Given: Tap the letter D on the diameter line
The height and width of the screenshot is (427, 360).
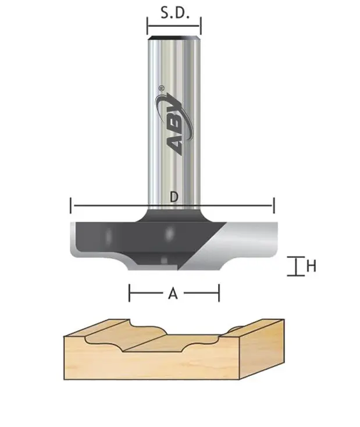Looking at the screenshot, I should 173,197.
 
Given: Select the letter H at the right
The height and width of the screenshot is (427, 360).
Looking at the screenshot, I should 311,266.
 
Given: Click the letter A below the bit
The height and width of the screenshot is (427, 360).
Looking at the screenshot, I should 173,294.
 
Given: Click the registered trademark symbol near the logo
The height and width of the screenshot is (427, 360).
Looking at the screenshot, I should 161,89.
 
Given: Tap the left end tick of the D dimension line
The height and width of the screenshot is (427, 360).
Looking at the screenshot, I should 71,205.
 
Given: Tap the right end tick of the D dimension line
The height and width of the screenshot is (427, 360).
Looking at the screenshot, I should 273,205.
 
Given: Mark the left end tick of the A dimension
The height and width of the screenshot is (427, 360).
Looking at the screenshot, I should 129,293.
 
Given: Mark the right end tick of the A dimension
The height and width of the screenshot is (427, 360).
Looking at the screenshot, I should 219,293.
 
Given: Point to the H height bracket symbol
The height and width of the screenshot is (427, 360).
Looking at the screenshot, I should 296,266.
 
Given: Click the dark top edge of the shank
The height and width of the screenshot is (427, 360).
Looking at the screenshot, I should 173,39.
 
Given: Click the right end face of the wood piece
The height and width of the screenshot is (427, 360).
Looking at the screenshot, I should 262,349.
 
